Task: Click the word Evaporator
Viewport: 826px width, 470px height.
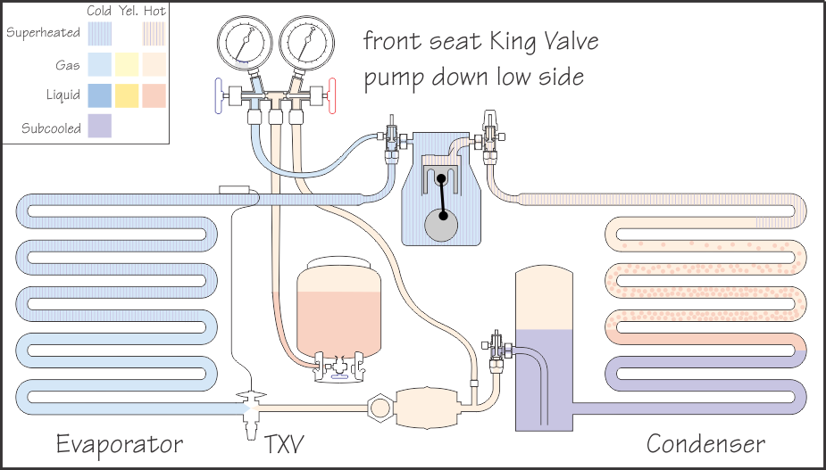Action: [120, 444]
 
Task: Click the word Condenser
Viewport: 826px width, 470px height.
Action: [705, 444]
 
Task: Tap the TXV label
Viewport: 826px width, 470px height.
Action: [285, 444]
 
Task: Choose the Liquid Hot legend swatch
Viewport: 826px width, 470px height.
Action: [154, 95]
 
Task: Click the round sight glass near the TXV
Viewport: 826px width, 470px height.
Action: [381, 407]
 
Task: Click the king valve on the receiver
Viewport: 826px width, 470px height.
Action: [497, 346]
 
